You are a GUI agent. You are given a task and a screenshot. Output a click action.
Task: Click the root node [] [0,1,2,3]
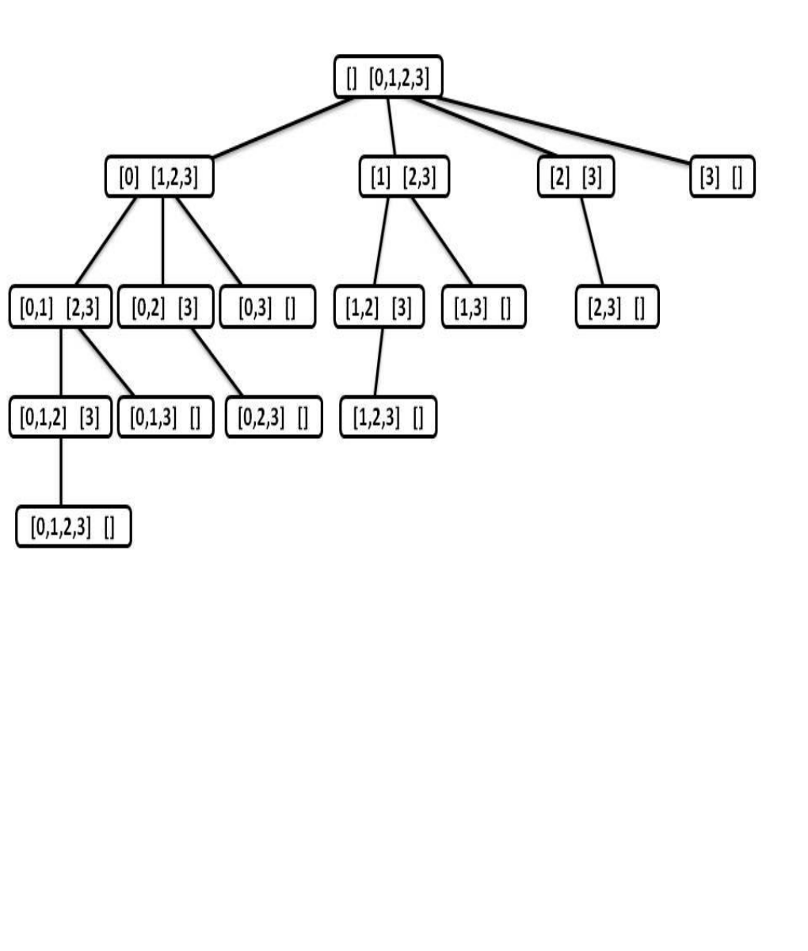point(388,77)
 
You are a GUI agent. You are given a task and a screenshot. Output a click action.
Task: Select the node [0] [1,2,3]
point(159,177)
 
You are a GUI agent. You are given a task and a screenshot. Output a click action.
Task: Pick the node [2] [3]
point(576,177)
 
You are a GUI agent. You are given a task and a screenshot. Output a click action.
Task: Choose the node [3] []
point(722,177)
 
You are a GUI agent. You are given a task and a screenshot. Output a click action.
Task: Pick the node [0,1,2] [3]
point(60,416)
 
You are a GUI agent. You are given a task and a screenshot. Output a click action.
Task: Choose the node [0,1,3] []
point(166,416)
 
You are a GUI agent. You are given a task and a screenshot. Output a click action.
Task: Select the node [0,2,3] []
point(273,416)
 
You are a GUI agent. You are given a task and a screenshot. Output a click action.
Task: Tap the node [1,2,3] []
point(388,416)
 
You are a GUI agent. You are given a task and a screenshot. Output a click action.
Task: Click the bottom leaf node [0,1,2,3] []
point(74,526)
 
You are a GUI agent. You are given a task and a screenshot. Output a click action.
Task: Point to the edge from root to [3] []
point(563,130)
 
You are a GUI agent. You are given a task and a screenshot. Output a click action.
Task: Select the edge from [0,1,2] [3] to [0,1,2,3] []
point(61,472)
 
